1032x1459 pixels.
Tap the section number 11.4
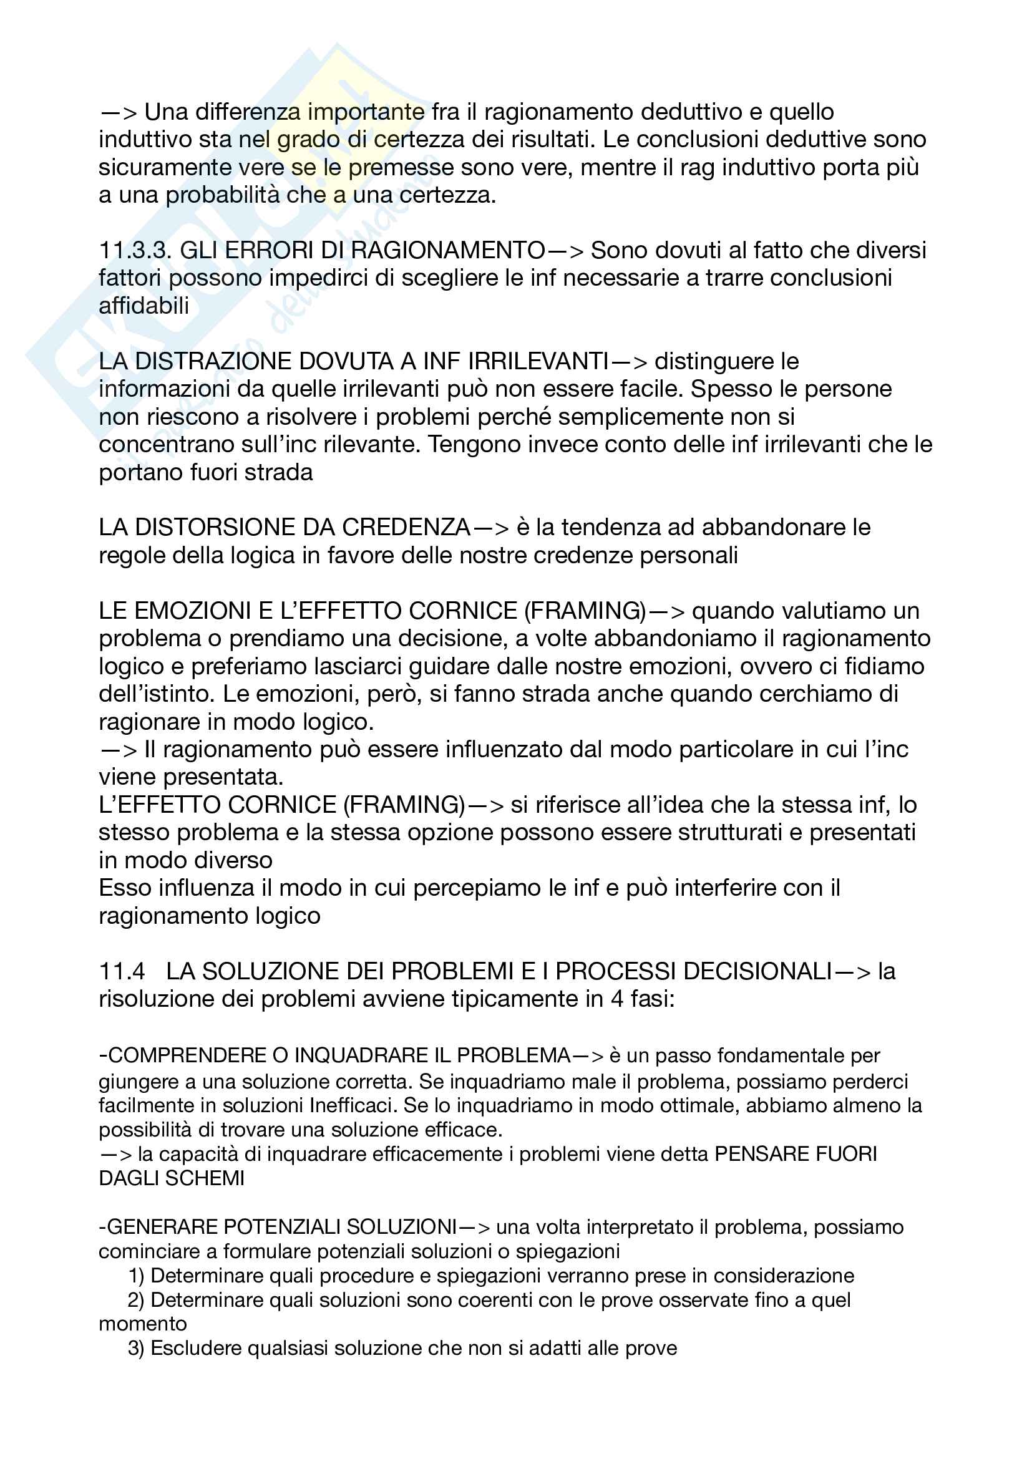pyautogui.click(x=122, y=971)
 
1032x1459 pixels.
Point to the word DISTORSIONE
pyautogui.click(x=215, y=528)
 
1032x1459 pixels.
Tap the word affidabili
pyautogui.click(x=144, y=306)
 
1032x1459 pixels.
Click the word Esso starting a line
pyautogui.click(x=125, y=888)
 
